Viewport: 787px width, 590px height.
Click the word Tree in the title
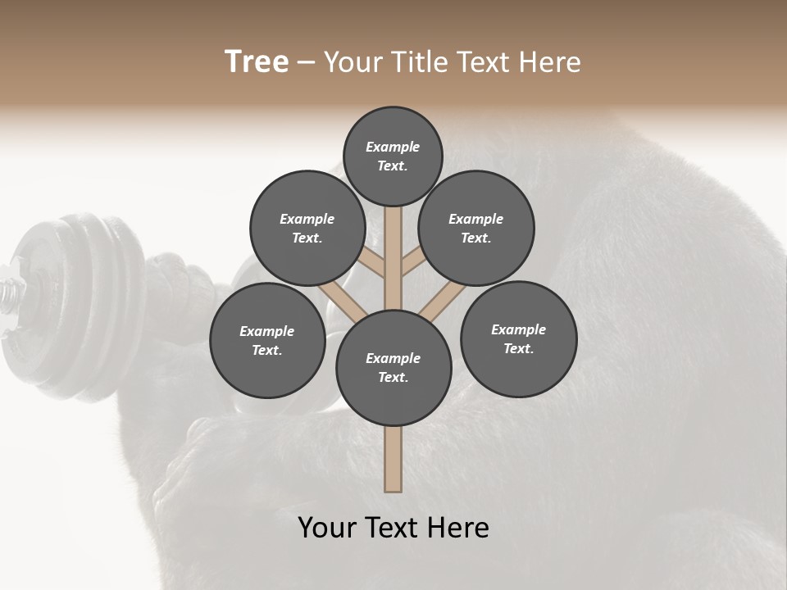point(257,62)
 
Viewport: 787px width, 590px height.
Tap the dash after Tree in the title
point(306,63)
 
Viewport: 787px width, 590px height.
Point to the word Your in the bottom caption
point(329,528)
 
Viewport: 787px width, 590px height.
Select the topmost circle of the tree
point(393,156)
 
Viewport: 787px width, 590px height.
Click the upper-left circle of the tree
point(307,228)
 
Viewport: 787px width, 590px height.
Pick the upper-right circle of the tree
point(476,228)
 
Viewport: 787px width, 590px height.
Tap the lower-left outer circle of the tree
point(267,340)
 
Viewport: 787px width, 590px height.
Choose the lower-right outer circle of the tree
point(518,338)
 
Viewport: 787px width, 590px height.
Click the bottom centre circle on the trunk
point(393,367)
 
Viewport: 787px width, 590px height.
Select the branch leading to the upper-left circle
point(374,264)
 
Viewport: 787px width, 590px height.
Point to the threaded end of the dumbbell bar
point(10,292)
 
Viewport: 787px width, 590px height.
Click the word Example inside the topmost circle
point(393,147)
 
